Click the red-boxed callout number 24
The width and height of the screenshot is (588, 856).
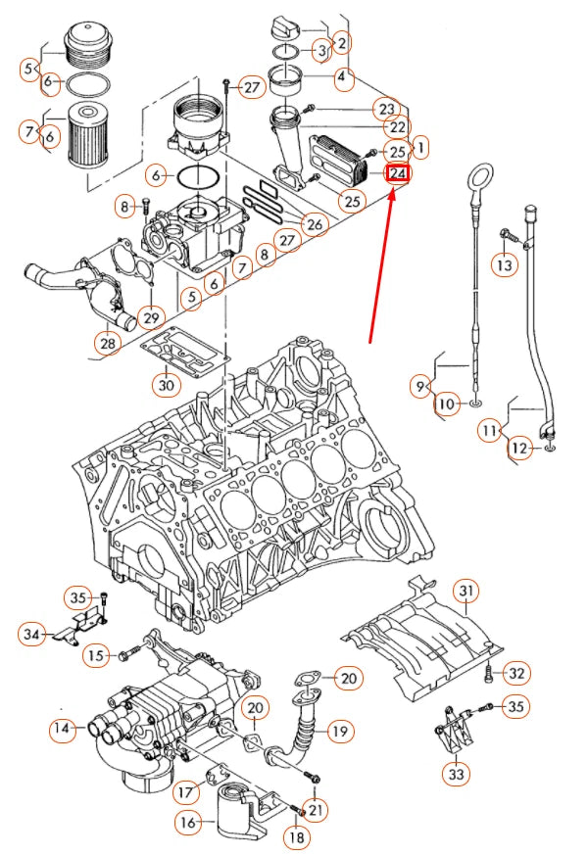pos(398,174)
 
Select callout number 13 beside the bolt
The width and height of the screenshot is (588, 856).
pos(504,264)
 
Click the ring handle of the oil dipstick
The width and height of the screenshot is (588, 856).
pos(478,177)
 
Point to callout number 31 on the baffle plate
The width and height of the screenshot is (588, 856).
pos(466,591)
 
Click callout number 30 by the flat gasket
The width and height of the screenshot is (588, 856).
pos(167,386)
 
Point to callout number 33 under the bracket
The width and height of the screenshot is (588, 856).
pos(456,775)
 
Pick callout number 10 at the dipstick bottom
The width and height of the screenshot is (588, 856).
pos(447,404)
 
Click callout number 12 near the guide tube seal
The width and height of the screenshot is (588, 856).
pos(520,449)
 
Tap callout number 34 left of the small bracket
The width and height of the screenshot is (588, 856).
pos(32,635)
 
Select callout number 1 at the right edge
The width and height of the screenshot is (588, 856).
pos(420,148)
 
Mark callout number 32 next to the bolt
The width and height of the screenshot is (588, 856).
pos(517,673)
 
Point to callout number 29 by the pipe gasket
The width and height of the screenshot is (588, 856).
pos(150,317)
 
